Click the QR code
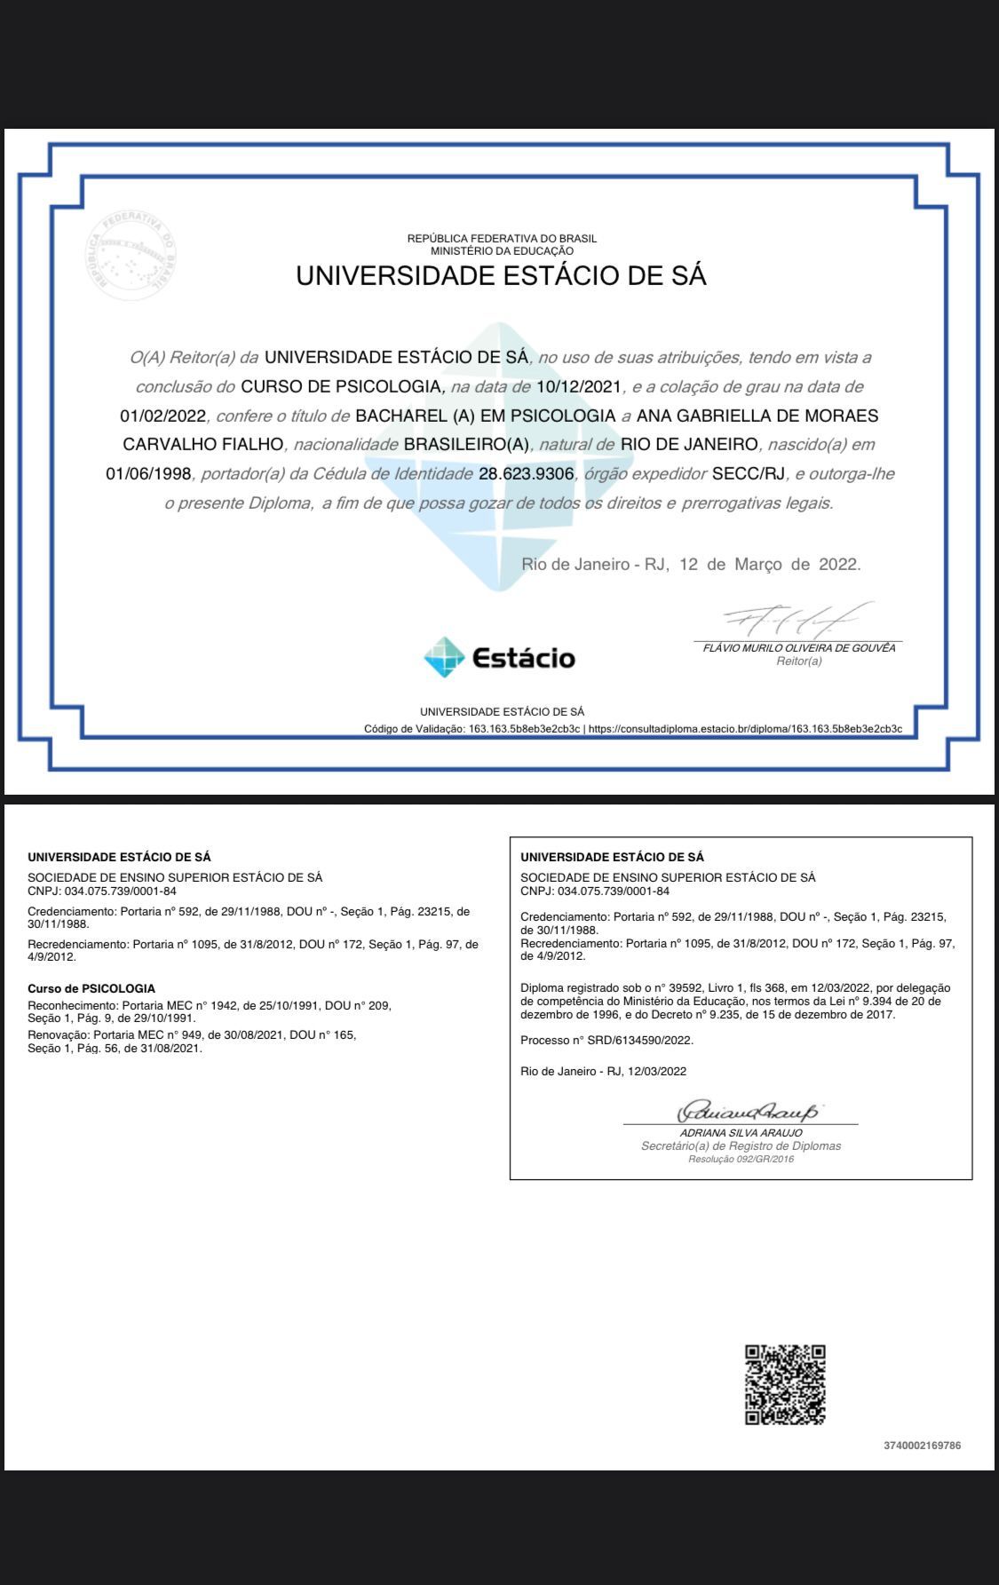(784, 1384)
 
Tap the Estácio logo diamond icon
(444, 657)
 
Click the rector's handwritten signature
(797, 619)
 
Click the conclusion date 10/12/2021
(579, 386)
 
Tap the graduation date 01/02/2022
(163, 416)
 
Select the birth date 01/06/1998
(148, 473)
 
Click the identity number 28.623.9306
(526, 473)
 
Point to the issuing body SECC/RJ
(749, 473)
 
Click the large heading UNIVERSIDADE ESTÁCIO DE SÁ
(501, 276)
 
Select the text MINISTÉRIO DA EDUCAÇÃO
(502, 250)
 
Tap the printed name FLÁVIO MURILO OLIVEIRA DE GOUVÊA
(799, 648)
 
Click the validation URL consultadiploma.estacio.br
(745, 729)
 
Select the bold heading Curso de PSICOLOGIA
(91, 988)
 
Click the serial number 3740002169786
(922, 1446)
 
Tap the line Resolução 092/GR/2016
(741, 1159)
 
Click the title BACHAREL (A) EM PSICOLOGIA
(485, 416)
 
